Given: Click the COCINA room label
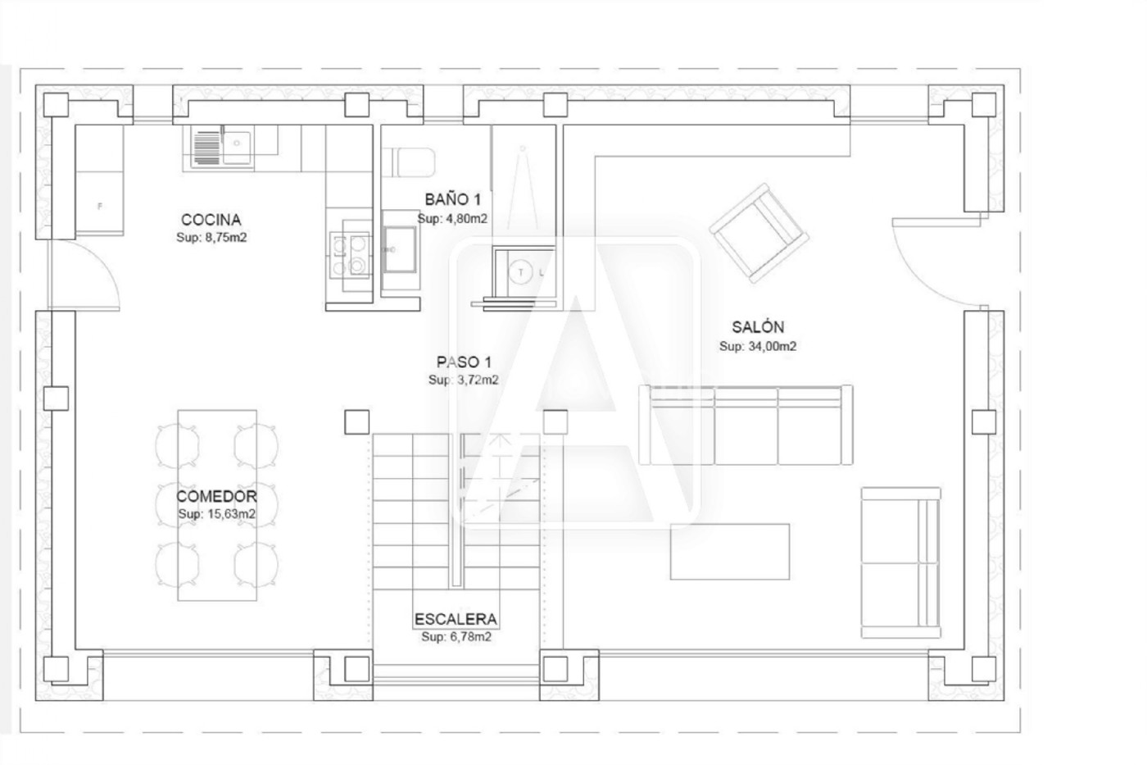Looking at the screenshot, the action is [x=211, y=220].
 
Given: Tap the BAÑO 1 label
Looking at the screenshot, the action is [x=452, y=199].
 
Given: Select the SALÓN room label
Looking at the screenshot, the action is [x=758, y=327].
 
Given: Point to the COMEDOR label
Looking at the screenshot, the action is [x=216, y=496].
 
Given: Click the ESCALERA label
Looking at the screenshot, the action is [x=456, y=620].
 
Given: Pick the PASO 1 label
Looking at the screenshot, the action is [x=464, y=362].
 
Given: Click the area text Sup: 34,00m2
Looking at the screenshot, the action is [x=758, y=346].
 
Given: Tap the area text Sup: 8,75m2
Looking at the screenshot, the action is [x=211, y=238].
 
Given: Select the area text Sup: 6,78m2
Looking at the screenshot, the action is [x=456, y=637].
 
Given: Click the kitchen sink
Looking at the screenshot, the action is [x=222, y=146].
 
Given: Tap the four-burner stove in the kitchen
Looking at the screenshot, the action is [x=350, y=255].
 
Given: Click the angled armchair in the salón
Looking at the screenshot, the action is [x=759, y=233].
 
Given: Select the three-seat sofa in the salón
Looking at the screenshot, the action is [x=746, y=425].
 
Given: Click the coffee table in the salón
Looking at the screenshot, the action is [x=730, y=551].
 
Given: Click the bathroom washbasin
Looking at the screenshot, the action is [x=401, y=250].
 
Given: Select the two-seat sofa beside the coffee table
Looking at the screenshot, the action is [x=900, y=562].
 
